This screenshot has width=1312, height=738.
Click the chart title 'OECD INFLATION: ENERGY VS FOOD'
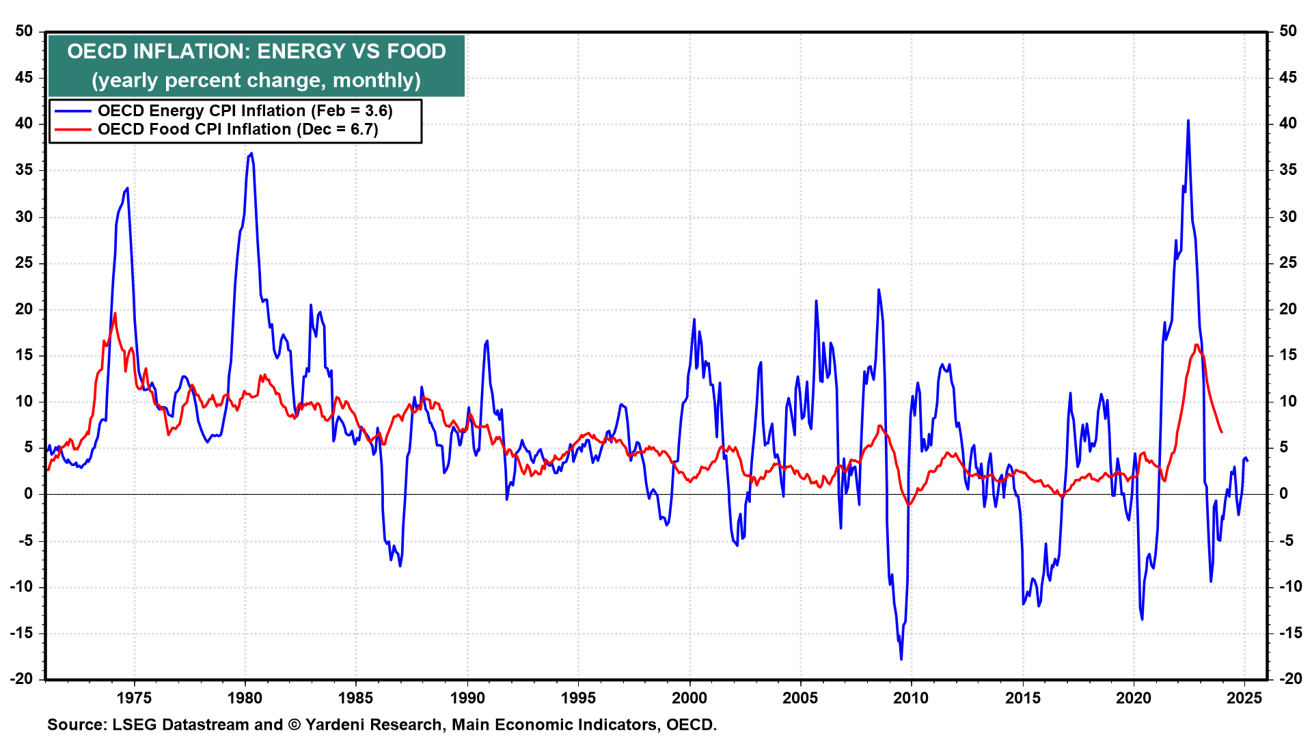[x=256, y=51]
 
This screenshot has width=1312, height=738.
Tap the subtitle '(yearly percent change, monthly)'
[x=256, y=80]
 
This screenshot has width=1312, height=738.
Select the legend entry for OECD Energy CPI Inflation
[x=245, y=111]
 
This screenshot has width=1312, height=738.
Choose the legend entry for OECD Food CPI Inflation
[x=237, y=129]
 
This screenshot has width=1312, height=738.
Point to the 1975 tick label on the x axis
[x=134, y=698]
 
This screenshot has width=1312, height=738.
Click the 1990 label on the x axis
[x=467, y=698]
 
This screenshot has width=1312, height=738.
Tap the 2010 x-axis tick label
[x=912, y=698]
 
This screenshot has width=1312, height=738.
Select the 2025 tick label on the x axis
[x=1244, y=698]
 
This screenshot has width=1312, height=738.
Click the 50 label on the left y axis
[x=24, y=31]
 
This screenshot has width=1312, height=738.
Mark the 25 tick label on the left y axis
[x=24, y=262]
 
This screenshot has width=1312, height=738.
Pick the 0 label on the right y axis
[x=1283, y=493]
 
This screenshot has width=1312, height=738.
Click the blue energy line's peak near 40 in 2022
[x=1188, y=121]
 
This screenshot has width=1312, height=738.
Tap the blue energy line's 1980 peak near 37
[x=251, y=153]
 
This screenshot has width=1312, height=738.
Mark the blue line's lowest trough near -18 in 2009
[x=901, y=659]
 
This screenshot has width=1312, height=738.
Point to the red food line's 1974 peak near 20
[x=115, y=314]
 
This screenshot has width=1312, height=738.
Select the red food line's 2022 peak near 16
[x=1197, y=345]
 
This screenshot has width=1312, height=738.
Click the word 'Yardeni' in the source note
[x=338, y=724]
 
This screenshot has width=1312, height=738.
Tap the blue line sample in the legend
[x=72, y=111]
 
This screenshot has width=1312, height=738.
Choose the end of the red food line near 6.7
[x=1222, y=432]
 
